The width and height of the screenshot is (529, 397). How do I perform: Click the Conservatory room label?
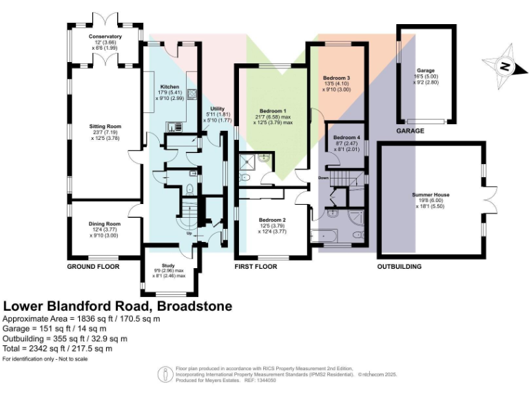[105, 36]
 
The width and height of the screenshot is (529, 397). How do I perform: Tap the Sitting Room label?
[105, 127]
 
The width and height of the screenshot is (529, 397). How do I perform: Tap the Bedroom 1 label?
[273, 111]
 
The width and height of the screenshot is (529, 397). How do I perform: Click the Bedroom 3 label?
[337, 79]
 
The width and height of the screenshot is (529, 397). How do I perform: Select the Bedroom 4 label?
[347, 137]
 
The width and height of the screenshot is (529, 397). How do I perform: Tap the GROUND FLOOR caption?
[92, 266]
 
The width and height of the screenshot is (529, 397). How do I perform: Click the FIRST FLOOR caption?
[256, 266]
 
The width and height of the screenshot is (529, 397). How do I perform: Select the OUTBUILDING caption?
[399, 266]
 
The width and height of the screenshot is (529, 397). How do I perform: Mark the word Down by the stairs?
[324, 178]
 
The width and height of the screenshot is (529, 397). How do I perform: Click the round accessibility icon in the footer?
[165, 374]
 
